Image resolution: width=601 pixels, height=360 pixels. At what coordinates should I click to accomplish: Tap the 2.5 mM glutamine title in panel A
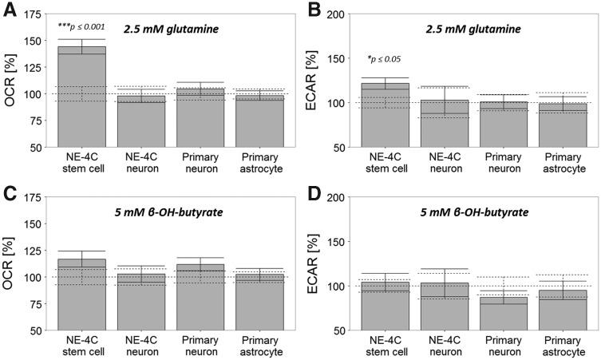click(x=169, y=30)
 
